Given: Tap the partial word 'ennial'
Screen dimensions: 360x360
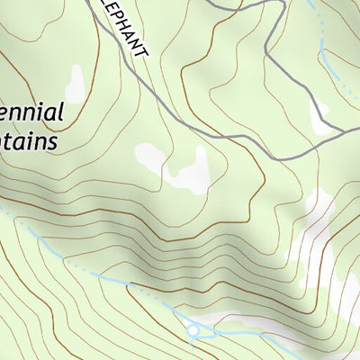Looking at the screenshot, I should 31,114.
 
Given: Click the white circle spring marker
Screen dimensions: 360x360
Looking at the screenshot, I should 192,331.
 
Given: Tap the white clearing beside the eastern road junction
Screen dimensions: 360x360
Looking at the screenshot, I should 319,117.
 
